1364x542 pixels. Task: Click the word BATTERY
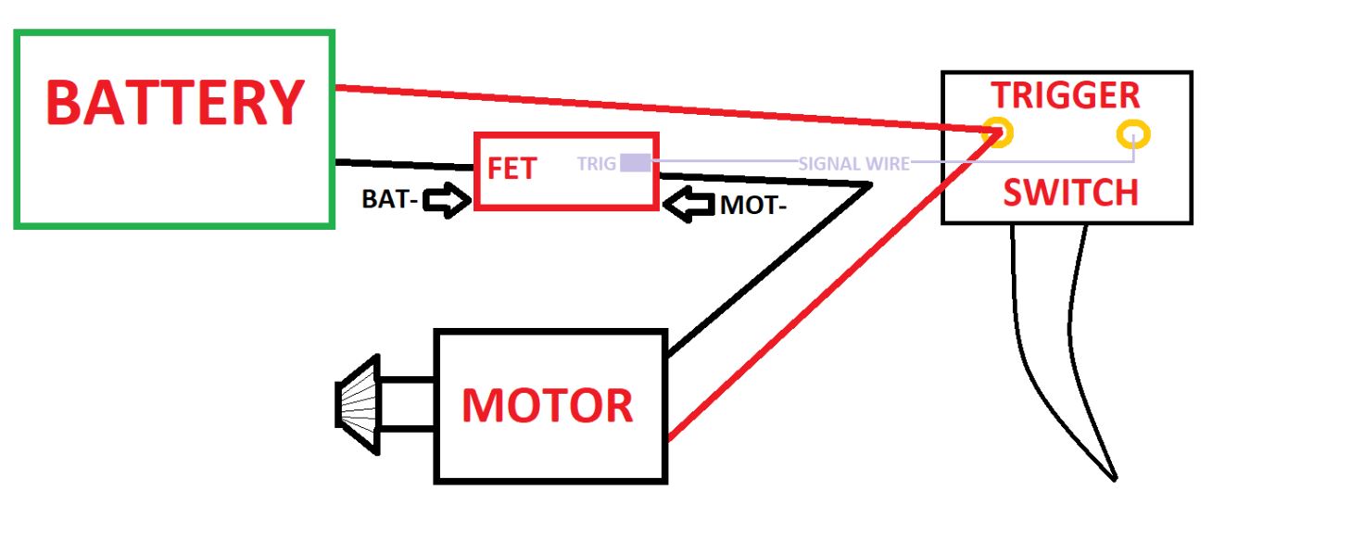tap(175, 103)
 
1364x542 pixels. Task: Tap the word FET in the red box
tap(511, 170)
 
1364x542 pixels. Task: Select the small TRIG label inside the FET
tap(596, 164)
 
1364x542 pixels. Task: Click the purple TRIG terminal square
tap(635, 163)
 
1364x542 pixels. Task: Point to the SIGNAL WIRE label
tap(853, 164)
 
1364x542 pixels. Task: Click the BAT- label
tap(388, 199)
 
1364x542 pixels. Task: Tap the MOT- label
tap(753, 206)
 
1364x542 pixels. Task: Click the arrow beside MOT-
tap(689, 205)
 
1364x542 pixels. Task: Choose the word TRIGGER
tap(1066, 95)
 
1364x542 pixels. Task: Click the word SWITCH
tap(1070, 193)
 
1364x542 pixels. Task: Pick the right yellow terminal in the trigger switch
tap(1132, 136)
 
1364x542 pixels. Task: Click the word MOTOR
tap(548, 406)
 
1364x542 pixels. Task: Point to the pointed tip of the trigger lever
tap(1113, 477)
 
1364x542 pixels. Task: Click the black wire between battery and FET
tap(403, 165)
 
